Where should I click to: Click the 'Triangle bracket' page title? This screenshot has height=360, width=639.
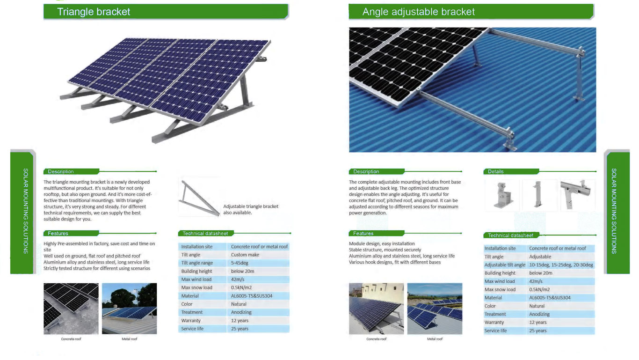coord(93,12)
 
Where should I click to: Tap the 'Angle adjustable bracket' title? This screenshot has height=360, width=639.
coord(418,12)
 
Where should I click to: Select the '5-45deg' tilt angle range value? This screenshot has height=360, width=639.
coord(240,263)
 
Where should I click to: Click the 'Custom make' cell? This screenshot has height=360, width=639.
coord(245,255)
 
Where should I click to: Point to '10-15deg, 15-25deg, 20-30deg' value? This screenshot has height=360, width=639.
coord(561,265)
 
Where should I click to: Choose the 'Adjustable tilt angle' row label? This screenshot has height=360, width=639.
coord(505,265)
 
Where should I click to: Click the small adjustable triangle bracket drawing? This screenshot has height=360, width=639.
coord(199,198)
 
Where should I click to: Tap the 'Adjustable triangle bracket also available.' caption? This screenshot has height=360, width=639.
coord(250,210)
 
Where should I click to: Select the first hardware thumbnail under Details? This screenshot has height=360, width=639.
coord(502,195)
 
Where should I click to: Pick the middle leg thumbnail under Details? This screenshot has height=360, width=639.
coord(538,194)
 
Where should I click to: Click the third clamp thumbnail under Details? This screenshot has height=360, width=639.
coord(576,194)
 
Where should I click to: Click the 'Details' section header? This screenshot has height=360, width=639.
coord(495,172)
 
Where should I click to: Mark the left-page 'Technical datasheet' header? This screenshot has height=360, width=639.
coord(205,234)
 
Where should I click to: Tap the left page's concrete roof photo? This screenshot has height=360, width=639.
coord(71,309)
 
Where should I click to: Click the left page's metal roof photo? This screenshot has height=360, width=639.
coord(129,309)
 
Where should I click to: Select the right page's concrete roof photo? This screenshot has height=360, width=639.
coord(376,309)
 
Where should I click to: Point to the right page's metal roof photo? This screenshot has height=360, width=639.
coord(435,309)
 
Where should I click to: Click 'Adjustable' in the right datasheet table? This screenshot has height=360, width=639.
coord(540,257)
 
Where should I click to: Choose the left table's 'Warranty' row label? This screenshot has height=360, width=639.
coord(191,321)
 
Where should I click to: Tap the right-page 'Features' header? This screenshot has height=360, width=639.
coord(363,234)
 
